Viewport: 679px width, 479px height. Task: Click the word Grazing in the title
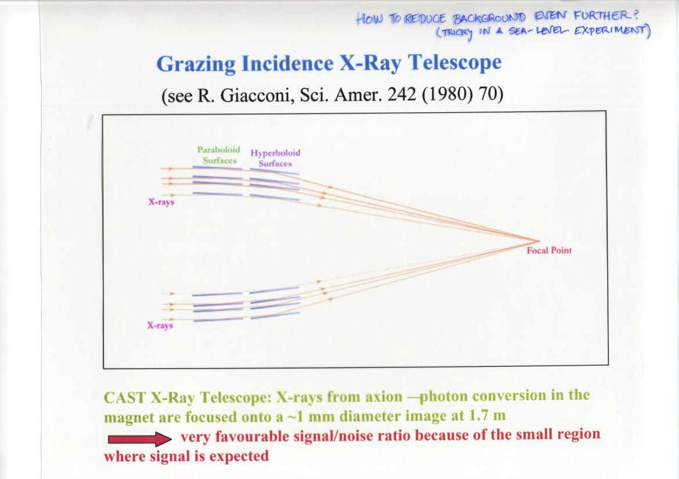tap(196, 64)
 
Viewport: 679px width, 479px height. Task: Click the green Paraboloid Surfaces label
tap(219, 155)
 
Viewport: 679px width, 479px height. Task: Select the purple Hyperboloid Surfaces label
tap(275, 158)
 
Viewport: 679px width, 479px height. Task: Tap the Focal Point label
tap(549, 250)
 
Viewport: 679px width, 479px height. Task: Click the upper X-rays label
tap(161, 202)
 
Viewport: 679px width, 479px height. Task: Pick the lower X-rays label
tap(160, 325)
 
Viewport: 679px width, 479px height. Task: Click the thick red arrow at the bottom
tap(140, 439)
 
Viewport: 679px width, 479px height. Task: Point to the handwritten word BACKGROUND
tap(489, 18)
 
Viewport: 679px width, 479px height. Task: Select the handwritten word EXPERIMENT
tap(612, 31)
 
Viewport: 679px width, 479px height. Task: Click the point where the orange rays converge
tap(540, 241)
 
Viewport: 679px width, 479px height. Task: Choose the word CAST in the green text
tap(125, 398)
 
